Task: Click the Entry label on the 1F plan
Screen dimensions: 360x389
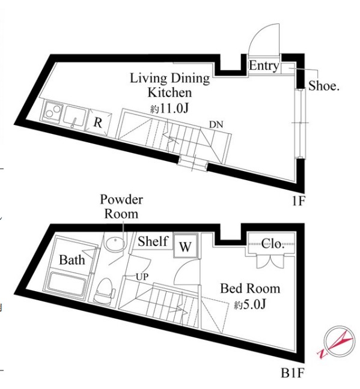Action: [x=264, y=65]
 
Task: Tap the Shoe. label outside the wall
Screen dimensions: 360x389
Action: [x=324, y=86]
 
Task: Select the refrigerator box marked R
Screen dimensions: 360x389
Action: [x=98, y=122]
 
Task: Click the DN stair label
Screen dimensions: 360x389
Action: [x=216, y=124]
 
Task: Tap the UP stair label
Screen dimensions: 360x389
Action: [x=142, y=277]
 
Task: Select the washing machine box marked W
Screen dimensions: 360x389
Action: [x=186, y=246]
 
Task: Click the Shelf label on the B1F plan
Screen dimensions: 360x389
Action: [x=153, y=241]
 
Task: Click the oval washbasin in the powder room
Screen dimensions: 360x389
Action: [x=115, y=243]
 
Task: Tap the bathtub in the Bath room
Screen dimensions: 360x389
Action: [x=67, y=283]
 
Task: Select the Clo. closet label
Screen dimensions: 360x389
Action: [x=272, y=244]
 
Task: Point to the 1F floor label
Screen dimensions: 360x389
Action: [x=298, y=201]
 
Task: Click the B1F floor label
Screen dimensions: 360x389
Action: [x=293, y=373]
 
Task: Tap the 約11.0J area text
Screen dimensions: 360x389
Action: [x=169, y=108]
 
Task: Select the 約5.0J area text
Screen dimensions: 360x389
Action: [x=249, y=304]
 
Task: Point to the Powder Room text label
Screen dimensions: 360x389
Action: [x=121, y=207]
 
